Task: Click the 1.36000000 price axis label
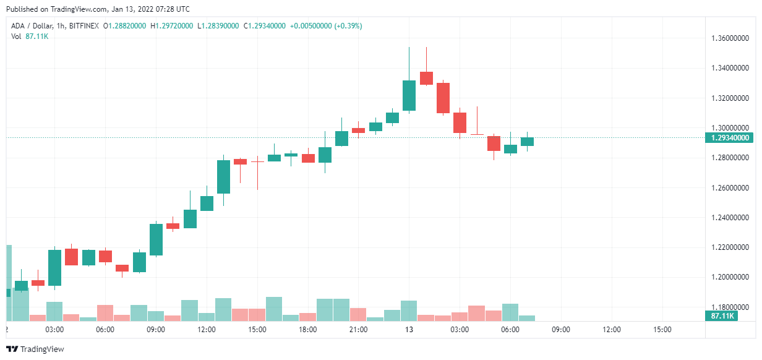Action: tap(732, 38)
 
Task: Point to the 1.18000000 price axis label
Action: tap(732, 307)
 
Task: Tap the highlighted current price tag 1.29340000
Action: tap(730, 138)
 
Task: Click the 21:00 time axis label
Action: tap(358, 330)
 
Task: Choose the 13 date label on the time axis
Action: tap(409, 330)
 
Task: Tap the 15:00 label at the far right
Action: tap(662, 330)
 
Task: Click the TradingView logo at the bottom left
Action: tap(35, 349)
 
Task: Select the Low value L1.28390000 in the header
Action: tap(219, 26)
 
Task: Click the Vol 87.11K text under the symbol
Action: tap(30, 36)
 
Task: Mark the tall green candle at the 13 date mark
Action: tap(409, 95)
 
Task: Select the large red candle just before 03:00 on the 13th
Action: tap(443, 98)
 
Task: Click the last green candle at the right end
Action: tap(527, 142)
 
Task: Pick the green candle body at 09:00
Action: tap(156, 239)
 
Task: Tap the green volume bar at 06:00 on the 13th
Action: tap(510, 312)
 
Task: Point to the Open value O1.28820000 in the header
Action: tap(124, 26)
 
